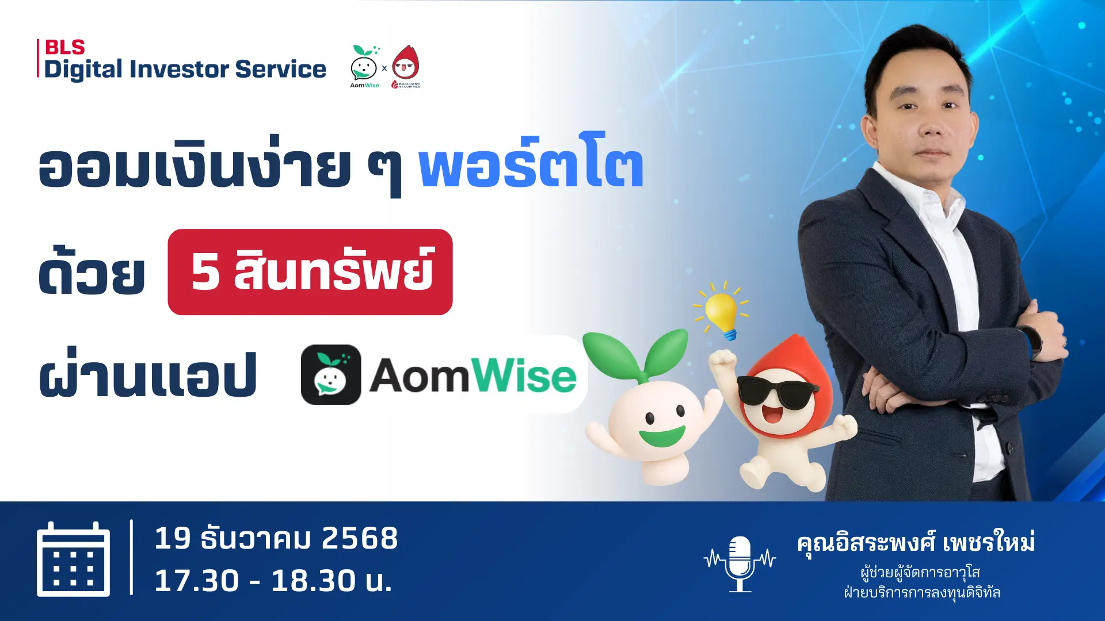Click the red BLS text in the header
pyautogui.click(x=64, y=47)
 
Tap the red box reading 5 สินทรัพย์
pyautogui.click(x=310, y=272)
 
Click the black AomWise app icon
pyautogui.click(x=331, y=375)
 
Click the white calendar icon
pyautogui.click(x=73, y=559)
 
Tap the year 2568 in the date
pyautogui.click(x=360, y=539)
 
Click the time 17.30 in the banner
pyautogui.click(x=197, y=580)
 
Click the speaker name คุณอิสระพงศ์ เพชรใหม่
pyautogui.click(x=916, y=543)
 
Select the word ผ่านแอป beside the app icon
pyautogui.click(x=148, y=375)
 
